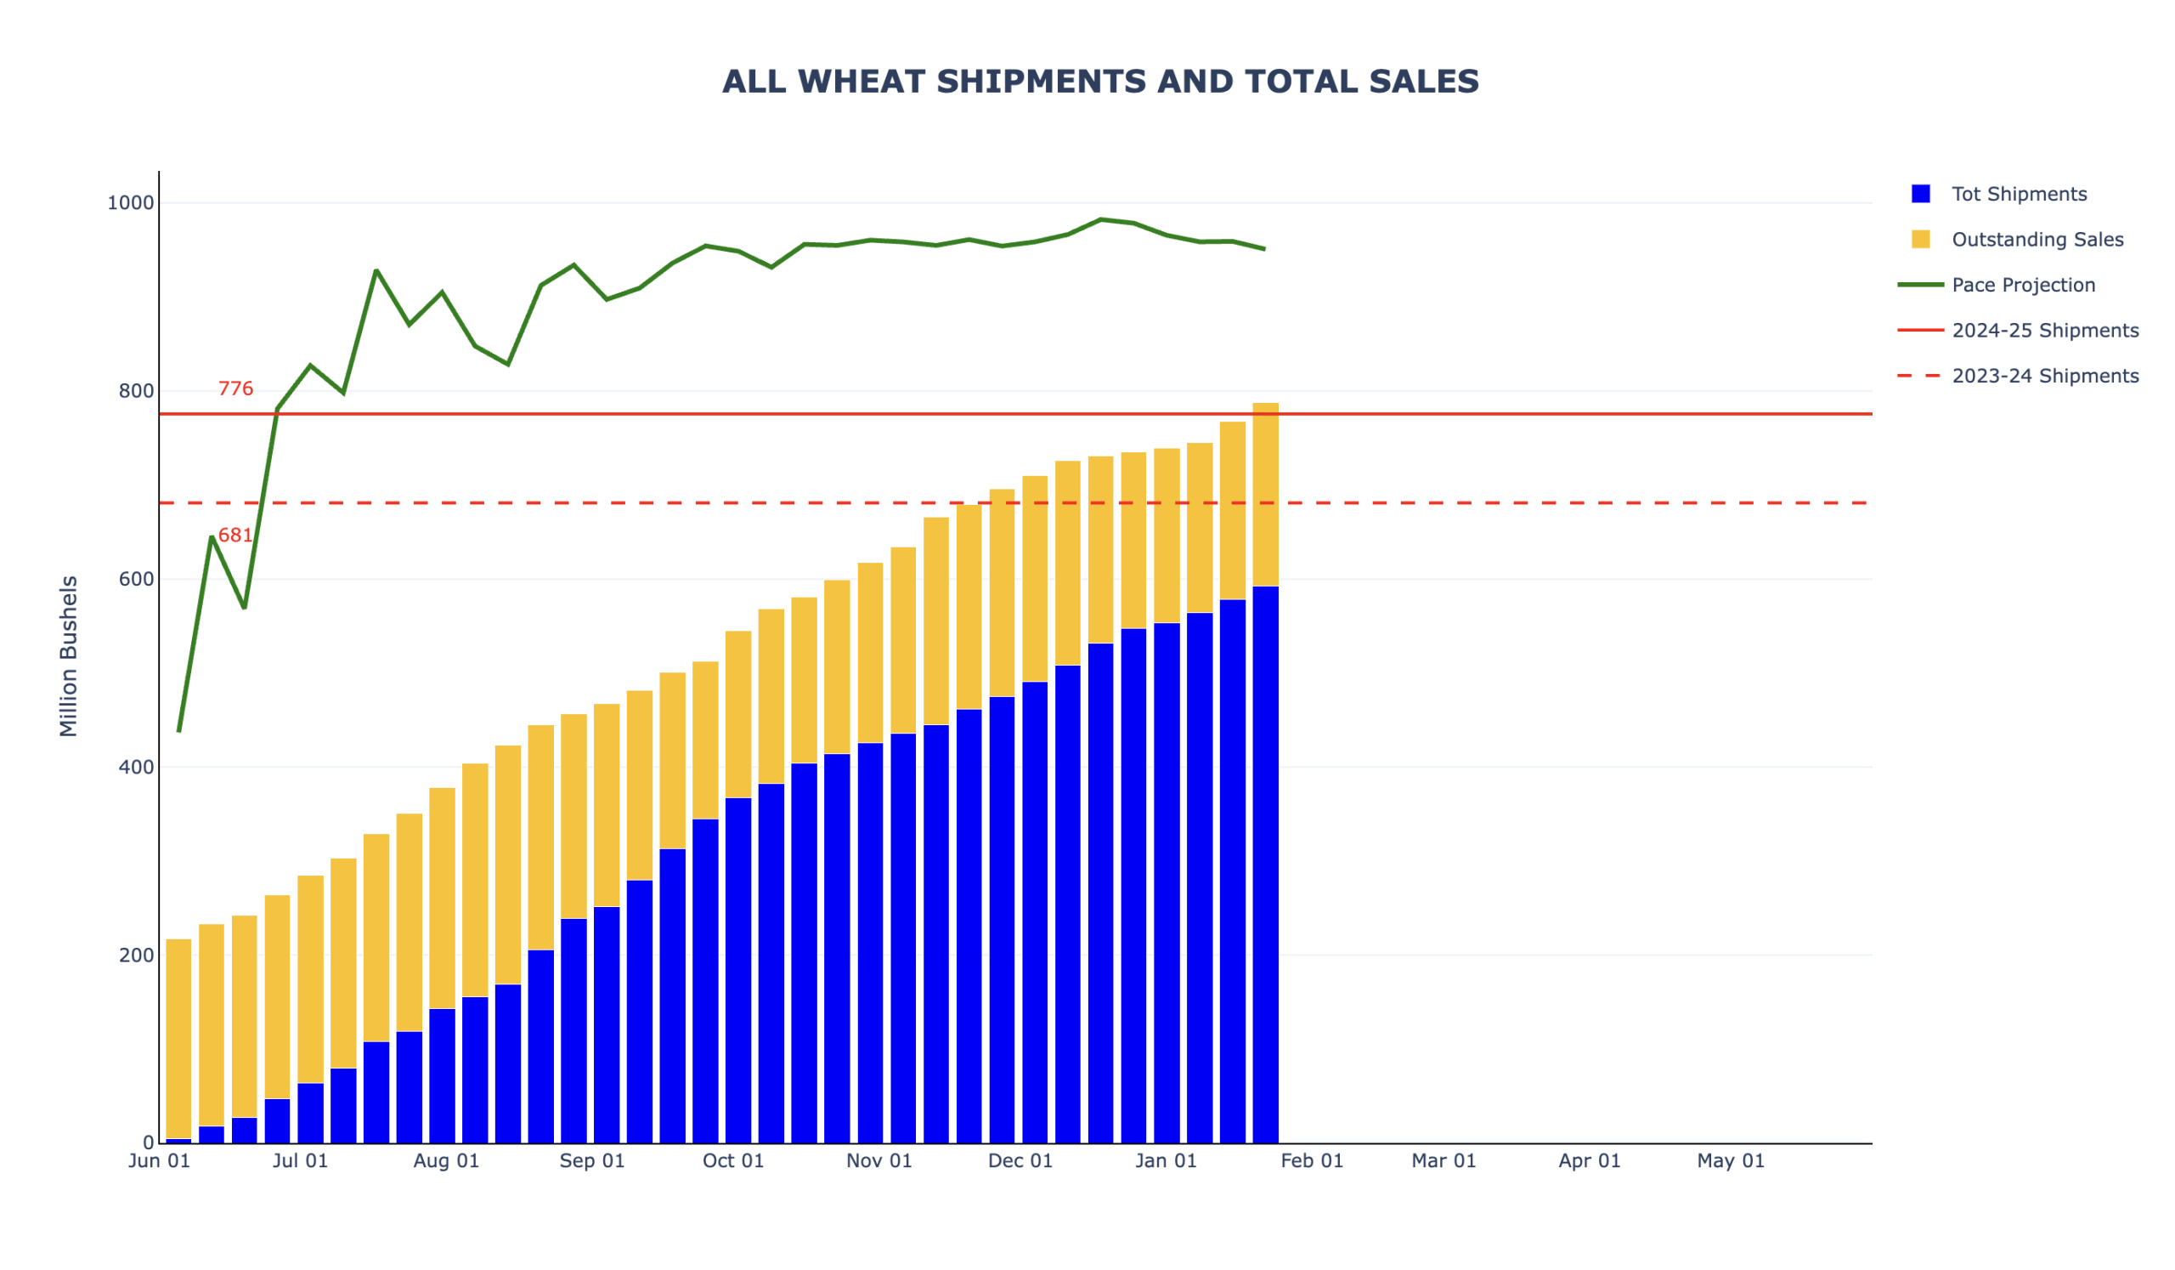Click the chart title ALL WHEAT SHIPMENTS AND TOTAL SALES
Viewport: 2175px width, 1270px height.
pos(1099,82)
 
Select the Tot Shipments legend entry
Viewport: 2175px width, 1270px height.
pos(2018,195)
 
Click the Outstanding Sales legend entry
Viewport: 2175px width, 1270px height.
pos(2036,240)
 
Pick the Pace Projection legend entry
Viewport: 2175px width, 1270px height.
pos(2022,285)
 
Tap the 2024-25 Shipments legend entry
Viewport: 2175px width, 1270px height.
pos(2044,331)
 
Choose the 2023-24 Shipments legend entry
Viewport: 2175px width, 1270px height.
pos(2044,377)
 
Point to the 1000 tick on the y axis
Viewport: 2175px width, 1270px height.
pos(130,203)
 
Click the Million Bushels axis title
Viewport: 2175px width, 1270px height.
pos(69,656)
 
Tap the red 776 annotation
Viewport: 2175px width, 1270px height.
pos(235,389)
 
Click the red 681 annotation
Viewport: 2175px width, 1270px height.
pos(234,536)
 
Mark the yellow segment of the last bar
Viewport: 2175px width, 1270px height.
pos(1265,494)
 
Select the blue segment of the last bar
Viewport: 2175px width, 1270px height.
pos(1265,864)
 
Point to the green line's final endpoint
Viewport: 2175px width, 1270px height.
pos(1264,250)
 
